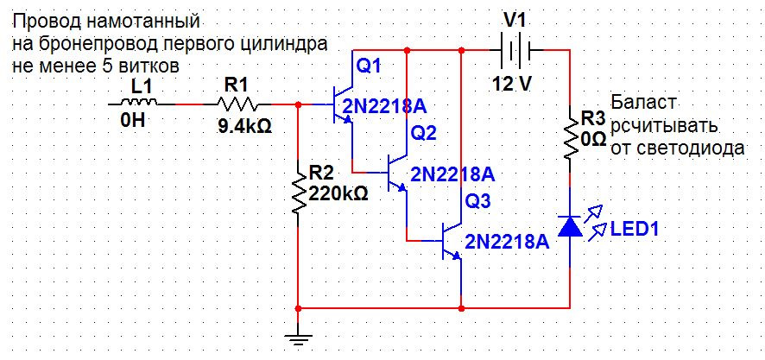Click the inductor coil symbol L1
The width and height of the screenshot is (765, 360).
[x=134, y=103]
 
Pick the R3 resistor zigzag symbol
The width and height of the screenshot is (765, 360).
[x=571, y=136]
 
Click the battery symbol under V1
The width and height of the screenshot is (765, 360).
[x=515, y=51]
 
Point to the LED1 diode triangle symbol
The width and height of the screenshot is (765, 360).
[x=571, y=225]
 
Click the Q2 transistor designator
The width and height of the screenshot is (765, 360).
[x=424, y=132]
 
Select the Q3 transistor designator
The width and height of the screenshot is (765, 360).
[x=478, y=201]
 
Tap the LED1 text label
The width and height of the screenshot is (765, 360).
[x=635, y=230]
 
